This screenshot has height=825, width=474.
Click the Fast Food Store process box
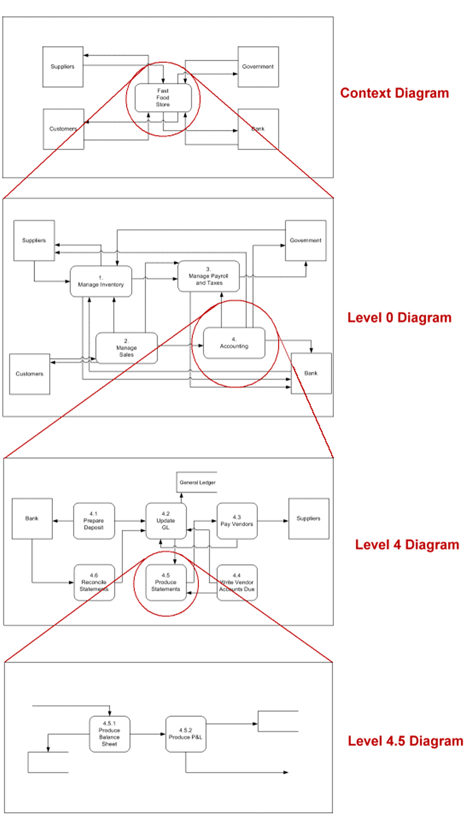(x=163, y=98)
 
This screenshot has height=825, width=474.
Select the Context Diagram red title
(x=394, y=93)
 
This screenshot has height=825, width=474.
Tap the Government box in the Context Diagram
(x=258, y=67)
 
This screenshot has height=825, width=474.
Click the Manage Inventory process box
(x=101, y=281)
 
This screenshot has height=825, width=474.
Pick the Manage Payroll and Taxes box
(x=208, y=276)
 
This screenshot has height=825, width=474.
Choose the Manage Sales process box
(x=126, y=348)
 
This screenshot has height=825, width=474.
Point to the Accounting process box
(x=234, y=343)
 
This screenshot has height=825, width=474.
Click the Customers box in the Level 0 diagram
(x=29, y=374)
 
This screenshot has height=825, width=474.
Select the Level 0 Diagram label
(x=399, y=318)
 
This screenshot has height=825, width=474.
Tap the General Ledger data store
(x=197, y=483)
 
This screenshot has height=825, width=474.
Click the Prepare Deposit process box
(x=94, y=521)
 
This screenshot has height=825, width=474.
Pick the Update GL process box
(x=166, y=521)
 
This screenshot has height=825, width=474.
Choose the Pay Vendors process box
(x=237, y=521)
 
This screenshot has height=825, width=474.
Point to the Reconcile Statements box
(x=94, y=582)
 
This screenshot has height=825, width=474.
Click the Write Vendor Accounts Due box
(x=237, y=582)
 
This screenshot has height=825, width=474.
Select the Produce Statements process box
(x=166, y=582)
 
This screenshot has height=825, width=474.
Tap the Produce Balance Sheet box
(x=109, y=734)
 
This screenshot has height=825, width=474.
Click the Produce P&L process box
(x=185, y=734)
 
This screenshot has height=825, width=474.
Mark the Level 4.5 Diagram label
(x=405, y=741)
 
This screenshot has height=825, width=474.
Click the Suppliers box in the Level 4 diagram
(x=308, y=519)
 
